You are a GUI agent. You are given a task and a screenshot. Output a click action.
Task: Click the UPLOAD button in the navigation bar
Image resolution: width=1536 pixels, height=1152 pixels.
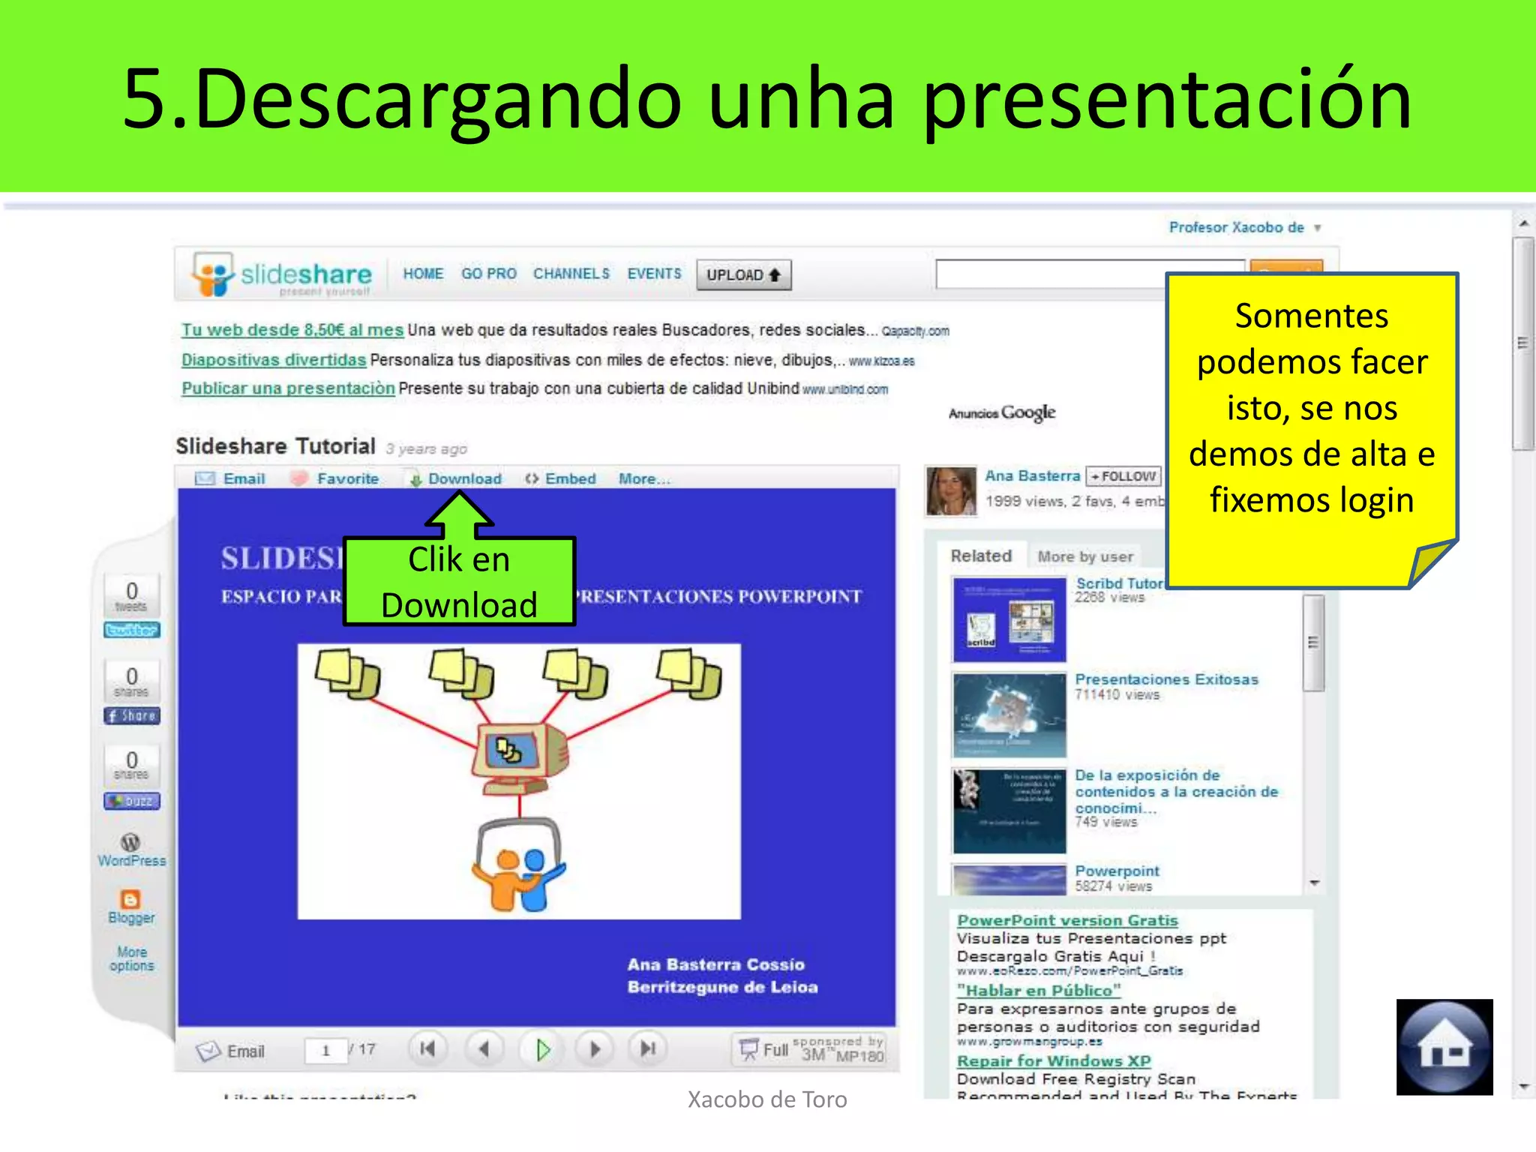743,274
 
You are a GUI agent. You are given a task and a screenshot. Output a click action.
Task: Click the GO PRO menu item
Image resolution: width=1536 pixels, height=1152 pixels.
488,274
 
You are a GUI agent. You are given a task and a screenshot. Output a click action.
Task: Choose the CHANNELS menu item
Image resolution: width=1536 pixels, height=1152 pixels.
571,274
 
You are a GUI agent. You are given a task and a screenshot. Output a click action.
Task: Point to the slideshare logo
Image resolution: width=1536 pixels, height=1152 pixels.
282,274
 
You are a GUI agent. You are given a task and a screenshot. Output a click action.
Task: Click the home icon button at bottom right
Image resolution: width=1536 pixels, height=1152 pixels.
1444,1047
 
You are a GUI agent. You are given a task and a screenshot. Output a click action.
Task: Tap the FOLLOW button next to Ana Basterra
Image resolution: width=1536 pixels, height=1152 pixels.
1123,476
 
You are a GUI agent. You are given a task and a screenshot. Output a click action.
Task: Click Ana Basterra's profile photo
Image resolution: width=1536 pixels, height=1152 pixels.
951,491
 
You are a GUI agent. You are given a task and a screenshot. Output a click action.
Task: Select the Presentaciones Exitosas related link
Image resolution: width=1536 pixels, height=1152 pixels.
1166,679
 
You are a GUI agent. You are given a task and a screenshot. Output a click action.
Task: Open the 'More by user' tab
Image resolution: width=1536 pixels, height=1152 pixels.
1084,556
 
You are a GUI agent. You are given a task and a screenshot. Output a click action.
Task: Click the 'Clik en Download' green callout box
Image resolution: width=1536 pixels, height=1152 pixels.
459,582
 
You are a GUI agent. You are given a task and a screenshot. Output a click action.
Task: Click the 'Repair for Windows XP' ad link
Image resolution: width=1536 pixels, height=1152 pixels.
1053,1060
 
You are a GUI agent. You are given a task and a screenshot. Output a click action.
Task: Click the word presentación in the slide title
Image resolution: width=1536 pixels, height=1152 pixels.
1167,99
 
